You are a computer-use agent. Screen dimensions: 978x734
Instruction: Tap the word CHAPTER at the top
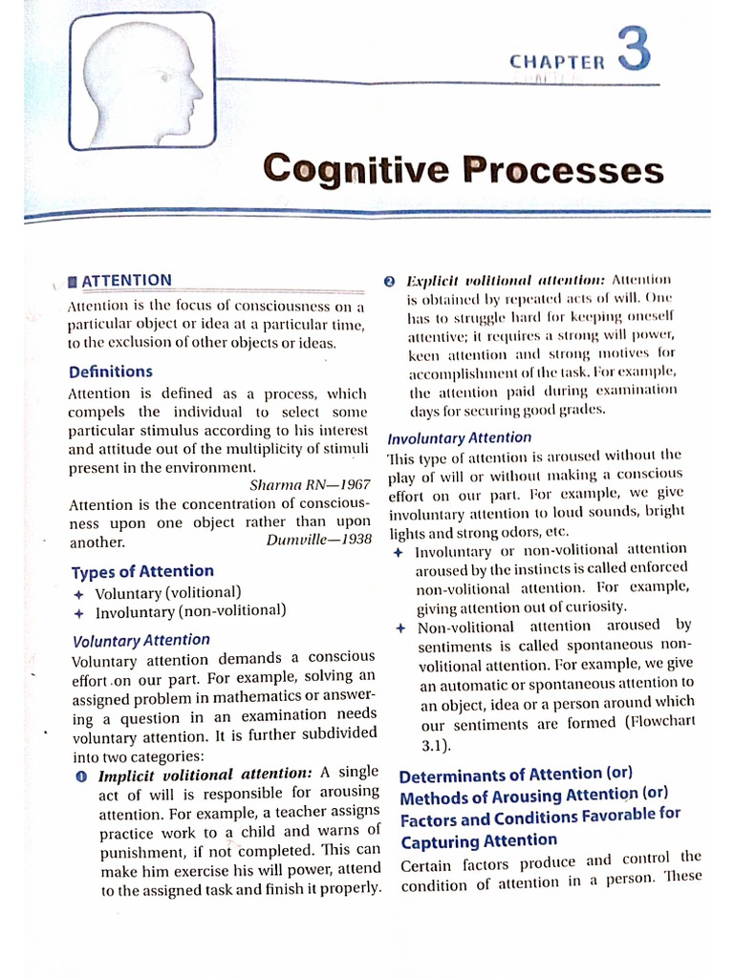(557, 62)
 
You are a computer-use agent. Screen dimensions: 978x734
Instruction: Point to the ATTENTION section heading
(127, 280)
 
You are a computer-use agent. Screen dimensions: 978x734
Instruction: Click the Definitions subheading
(110, 372)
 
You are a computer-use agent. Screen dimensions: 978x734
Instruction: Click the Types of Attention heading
(142, 572)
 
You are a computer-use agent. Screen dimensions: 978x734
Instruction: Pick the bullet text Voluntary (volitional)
(167, 592)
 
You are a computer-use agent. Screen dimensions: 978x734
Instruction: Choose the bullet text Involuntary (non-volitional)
(190, 611)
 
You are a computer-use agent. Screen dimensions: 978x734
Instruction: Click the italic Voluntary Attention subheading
(140, 640)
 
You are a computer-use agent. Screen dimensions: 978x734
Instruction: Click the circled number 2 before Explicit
(389, 281)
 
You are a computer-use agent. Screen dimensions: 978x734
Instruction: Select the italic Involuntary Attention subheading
(459, 437)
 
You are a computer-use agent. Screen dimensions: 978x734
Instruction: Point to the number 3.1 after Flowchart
(434, 744)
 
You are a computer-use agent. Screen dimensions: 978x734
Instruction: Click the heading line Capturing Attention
(478, 840)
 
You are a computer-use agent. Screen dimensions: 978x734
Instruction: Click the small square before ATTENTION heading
(74, 282)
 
